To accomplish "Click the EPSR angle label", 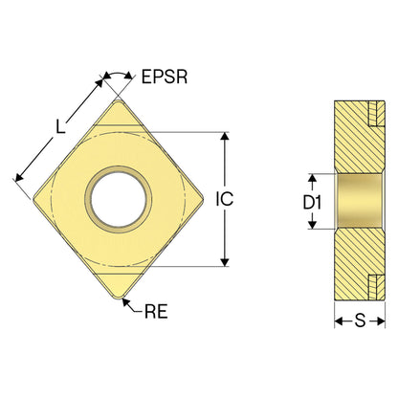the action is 165,77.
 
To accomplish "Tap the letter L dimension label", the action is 60,126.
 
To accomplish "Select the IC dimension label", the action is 225,199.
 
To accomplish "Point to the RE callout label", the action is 156,311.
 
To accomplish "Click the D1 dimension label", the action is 312,202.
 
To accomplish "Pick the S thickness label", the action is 360,321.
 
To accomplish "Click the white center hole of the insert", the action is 119,199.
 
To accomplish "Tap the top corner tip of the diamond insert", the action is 118,100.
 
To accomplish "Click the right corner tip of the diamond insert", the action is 204,200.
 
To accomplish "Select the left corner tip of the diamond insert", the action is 33,200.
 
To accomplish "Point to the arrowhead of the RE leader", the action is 125,301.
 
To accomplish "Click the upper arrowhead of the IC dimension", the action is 225,136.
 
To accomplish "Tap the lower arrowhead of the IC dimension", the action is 225,262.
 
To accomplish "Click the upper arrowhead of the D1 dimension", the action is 313,178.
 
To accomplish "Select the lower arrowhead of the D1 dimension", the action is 313,225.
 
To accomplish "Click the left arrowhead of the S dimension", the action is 339,321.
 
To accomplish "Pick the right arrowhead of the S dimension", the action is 381,321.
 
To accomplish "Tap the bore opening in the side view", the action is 360,202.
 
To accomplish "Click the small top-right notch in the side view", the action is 377,114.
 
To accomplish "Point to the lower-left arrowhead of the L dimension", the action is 19,178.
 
